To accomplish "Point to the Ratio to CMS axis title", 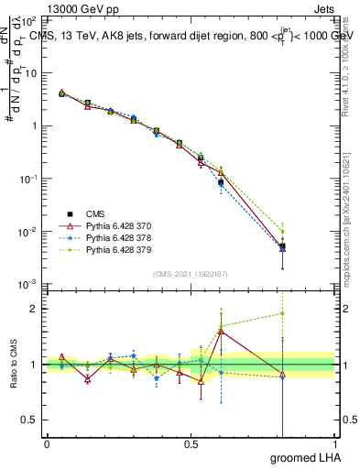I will [x=16, y=364].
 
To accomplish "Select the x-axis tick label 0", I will [x=47, y=444].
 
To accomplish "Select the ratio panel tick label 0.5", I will [x=32, y=420].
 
